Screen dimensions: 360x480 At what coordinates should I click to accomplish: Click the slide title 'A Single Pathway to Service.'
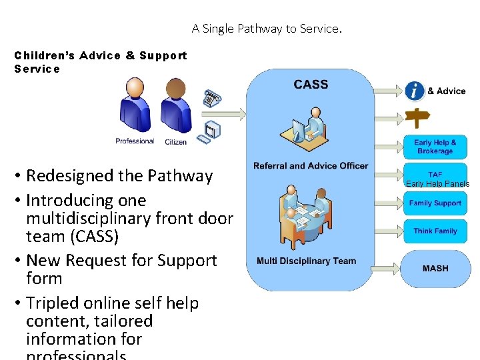[x=267, y=29]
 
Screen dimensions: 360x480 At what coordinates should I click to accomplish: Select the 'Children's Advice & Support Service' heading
[x=101, y=62]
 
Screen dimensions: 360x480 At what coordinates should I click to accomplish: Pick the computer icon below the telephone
[x=212, y=130]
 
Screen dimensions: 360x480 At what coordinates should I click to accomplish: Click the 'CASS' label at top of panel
[x=311, y=85]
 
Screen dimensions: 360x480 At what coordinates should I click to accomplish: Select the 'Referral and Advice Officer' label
[x=311, y=165]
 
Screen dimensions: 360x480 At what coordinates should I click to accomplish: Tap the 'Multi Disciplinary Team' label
[x=307, y=261]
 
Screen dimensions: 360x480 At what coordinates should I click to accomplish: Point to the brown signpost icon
[x=418, y=119]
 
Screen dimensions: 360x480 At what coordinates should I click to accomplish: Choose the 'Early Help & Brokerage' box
[x=435, y=147]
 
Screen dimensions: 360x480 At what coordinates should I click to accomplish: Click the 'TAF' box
[x=435, y=175]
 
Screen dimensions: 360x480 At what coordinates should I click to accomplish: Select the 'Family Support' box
[x=435, y=203]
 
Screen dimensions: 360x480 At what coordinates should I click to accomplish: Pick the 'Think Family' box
[x=435, y=231]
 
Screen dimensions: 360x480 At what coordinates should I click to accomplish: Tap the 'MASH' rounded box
[x=435, y=268]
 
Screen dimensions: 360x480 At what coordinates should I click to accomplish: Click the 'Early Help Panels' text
[x=437, y=184]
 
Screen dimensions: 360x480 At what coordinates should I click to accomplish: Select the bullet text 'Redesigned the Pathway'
[x=119, y=176]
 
